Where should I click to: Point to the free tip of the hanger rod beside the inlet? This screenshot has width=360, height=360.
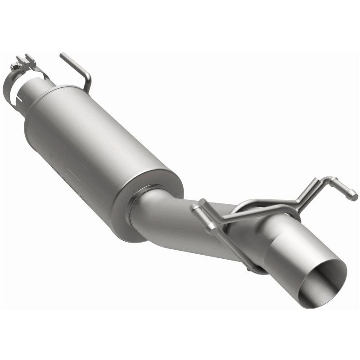tap(62, 55)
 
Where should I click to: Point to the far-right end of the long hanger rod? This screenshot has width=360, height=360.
tap(355, 197)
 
